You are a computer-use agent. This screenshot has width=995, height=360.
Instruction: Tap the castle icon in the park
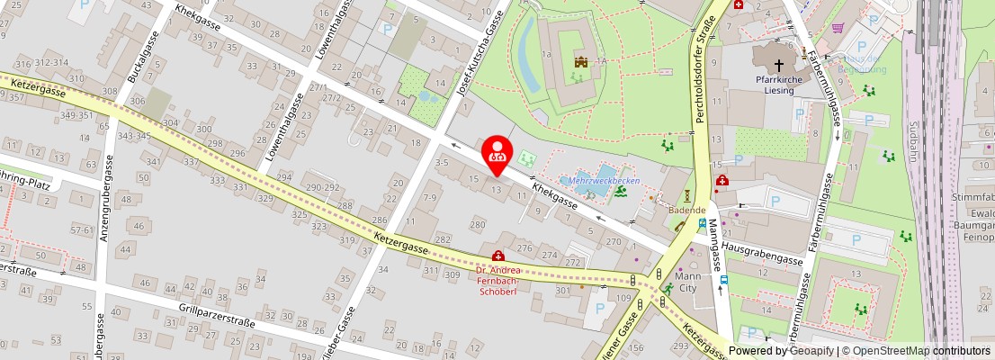pos(581,62)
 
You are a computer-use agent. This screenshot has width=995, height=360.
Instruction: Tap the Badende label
pos(686,210)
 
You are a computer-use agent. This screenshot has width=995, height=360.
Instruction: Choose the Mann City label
pos(687,283)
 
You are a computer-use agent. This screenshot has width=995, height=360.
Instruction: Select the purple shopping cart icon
pos(838,29)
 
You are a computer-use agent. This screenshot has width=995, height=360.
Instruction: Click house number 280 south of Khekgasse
pos(478,223)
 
